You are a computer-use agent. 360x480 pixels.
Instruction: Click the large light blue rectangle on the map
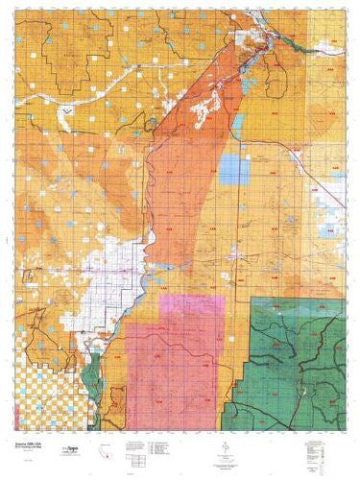pyautogui.click(x=232, y=167)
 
